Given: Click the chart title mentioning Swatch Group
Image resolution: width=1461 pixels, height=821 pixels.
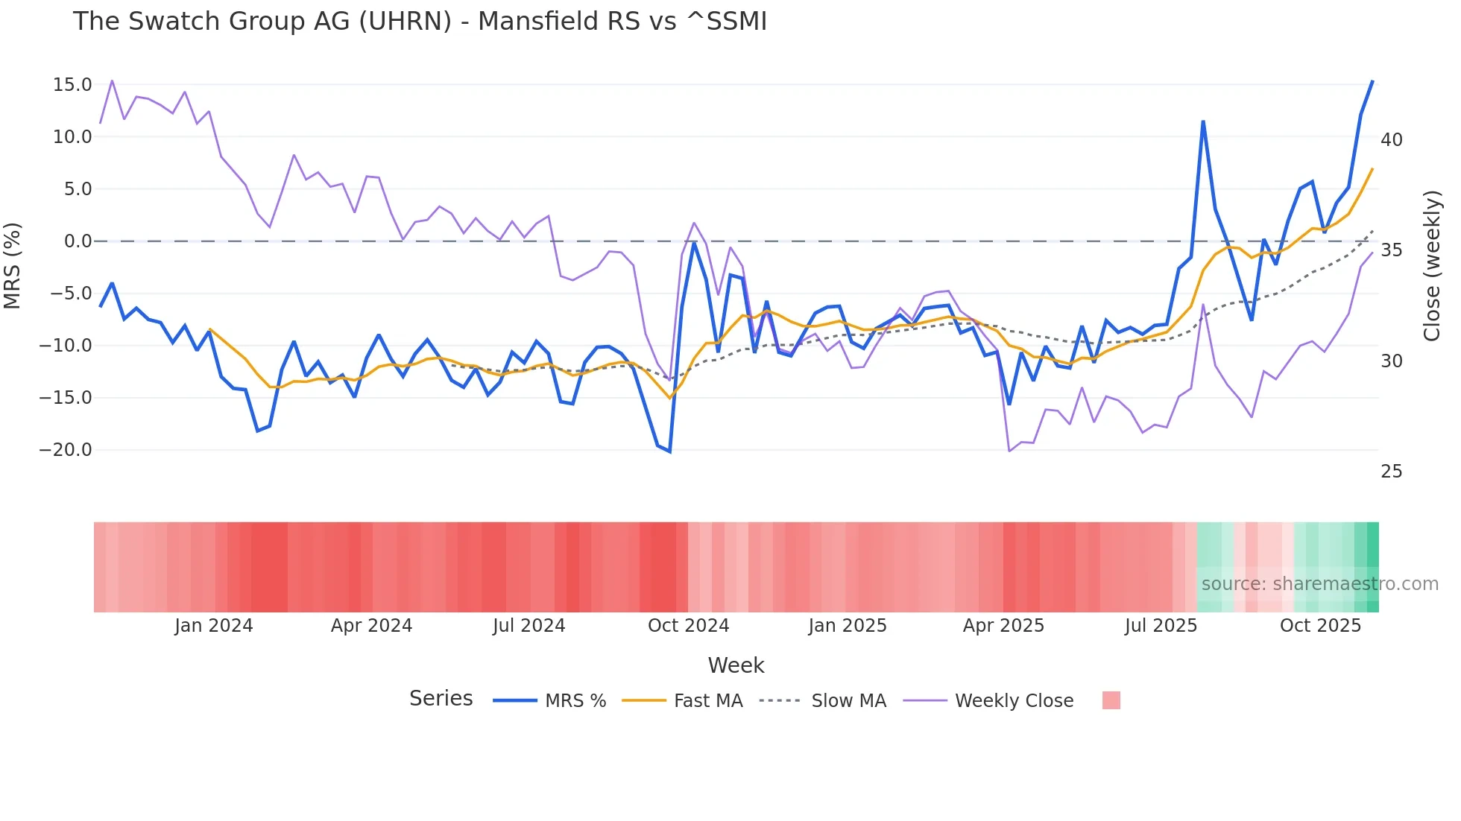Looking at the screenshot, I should point(420,22).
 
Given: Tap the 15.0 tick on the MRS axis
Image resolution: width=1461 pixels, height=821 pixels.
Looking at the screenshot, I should point(72,85).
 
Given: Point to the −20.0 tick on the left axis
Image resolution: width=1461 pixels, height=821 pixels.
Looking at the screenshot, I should point(66,450).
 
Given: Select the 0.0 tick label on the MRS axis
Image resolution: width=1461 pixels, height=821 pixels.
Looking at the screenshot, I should point(78,241).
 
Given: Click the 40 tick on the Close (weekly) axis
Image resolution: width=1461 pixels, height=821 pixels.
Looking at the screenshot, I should point(1392,140).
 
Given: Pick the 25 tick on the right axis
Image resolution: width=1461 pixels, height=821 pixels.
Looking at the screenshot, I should point(1392,472).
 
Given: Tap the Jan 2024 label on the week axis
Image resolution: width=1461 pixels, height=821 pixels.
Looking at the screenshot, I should point(214,626).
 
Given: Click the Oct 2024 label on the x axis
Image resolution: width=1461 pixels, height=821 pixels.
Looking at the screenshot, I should point(688,626).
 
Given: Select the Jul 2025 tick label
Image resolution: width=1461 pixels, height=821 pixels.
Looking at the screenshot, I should point(1161,626).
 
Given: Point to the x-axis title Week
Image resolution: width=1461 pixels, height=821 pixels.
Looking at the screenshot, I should point(736,665).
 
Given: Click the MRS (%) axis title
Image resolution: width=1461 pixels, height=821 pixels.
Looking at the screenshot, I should point(13,266).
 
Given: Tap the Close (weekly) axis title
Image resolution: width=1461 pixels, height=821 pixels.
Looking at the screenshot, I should point(1432,266).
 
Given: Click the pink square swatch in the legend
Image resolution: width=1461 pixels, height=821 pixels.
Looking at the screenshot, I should point(1111,700).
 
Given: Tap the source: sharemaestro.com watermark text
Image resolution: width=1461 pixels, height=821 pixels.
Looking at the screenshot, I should point(1319,584).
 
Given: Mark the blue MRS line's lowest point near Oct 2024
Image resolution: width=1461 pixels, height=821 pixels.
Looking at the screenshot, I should point(669,451).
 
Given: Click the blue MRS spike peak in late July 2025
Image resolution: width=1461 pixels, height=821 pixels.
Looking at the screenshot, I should point(1203,121).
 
